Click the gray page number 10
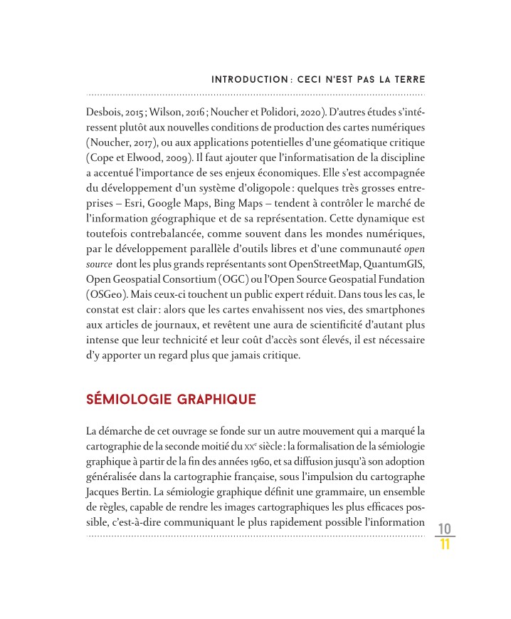click(445, 529)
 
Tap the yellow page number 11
click(445, 545)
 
